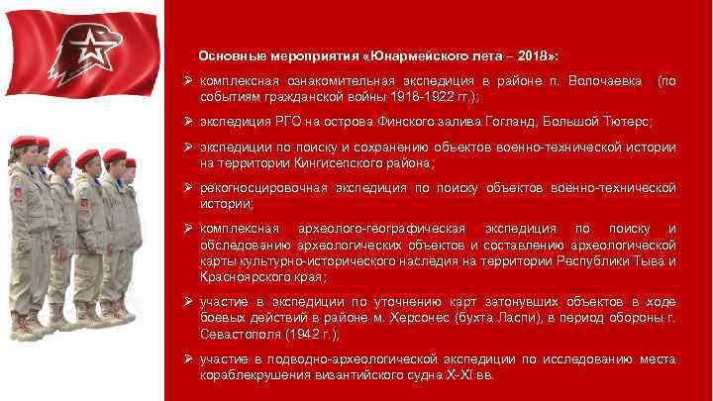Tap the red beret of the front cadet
[23, 143]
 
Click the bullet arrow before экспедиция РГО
[187, 120]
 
